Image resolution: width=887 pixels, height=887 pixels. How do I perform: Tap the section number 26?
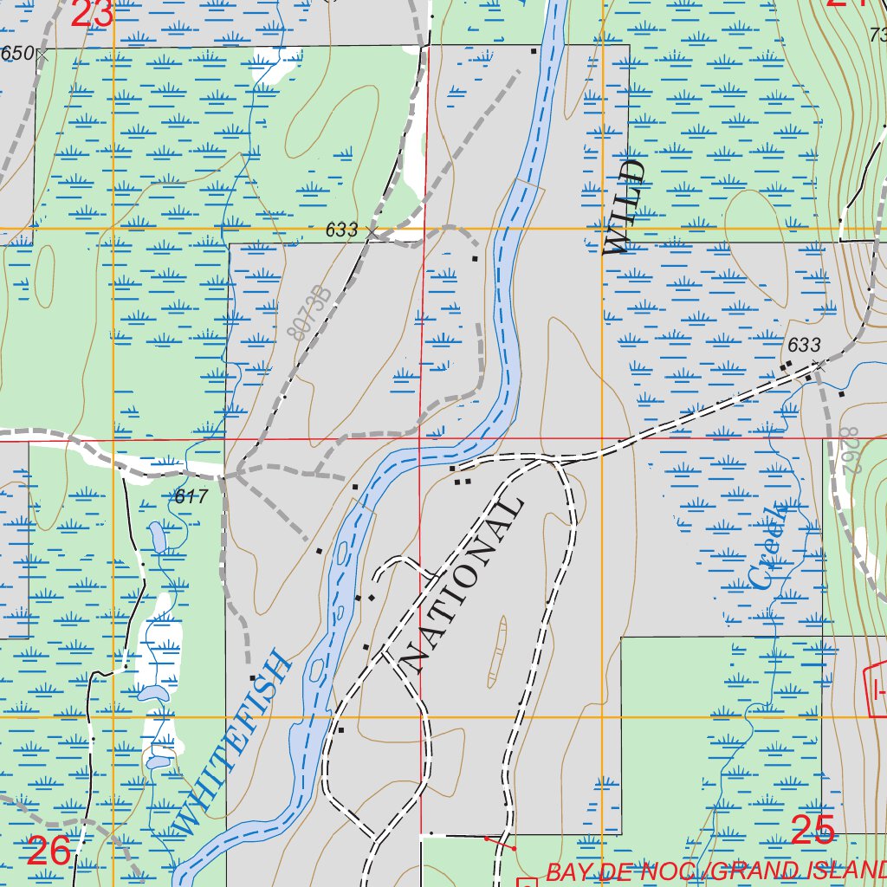pos(49,851)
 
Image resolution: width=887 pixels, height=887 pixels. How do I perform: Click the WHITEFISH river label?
pos(232,744)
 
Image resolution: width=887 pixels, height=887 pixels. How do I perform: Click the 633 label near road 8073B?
pos(341,230)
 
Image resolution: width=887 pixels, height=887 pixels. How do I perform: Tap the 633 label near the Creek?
pos(803,345)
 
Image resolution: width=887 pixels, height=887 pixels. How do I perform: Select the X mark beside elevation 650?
pos(41,54)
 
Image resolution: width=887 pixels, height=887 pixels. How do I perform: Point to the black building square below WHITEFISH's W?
pos(251,677)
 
